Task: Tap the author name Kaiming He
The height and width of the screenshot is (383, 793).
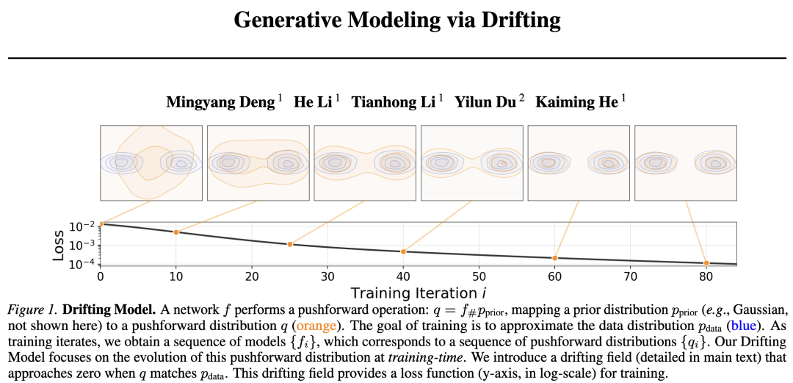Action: point(576,102)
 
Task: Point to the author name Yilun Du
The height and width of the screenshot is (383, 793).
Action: point(485,102)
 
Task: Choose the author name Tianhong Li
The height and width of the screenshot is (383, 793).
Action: point(394,102)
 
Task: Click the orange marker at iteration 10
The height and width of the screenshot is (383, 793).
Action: point(176,232)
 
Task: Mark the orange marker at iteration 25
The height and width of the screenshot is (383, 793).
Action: point(290,244)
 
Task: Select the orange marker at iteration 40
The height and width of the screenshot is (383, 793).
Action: point(403,251)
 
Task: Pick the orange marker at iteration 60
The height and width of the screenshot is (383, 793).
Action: point(554,258)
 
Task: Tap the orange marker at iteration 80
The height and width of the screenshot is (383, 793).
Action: point(706,263)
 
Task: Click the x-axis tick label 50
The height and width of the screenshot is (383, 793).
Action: point(479,276)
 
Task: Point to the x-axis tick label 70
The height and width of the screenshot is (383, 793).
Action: point(630,276)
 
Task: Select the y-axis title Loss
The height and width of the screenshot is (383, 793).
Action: point(59,244)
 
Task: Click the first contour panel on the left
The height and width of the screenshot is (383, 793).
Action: point(151,162)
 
